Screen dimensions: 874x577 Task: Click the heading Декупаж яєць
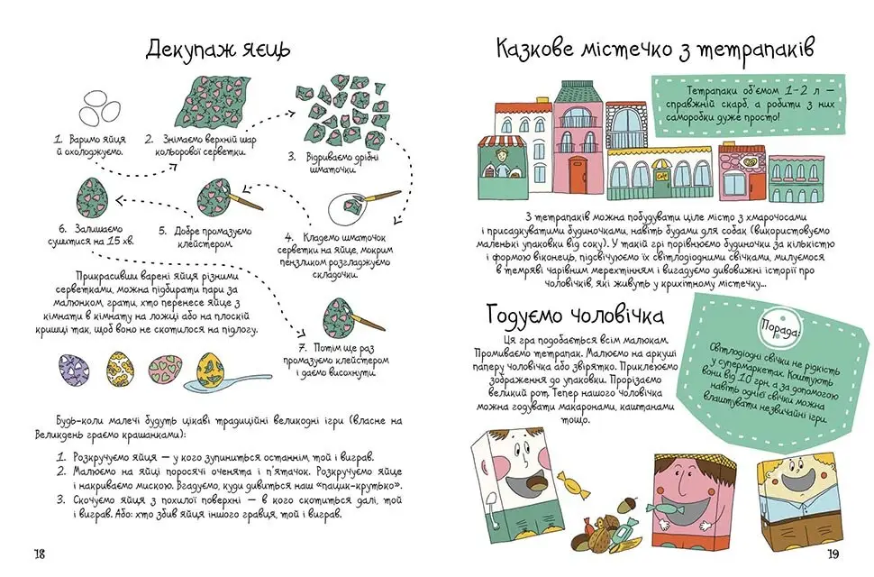point(218,50)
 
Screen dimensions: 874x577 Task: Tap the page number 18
point(39,554)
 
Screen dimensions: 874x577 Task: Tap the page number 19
point(833,554)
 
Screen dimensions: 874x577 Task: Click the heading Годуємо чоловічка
point(575,316)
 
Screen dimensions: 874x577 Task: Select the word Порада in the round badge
point(780,331)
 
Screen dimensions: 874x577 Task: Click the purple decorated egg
point(74,370)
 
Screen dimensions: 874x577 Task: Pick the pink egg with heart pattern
point(165,369)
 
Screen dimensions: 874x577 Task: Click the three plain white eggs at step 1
point(99,108)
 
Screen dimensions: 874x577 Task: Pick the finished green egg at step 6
point(92,196)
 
